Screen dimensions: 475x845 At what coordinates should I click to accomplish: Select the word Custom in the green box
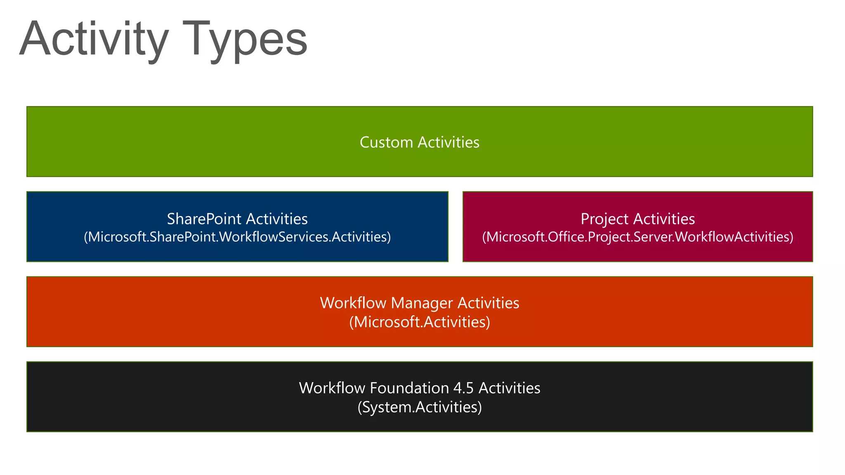[x=386, y=142]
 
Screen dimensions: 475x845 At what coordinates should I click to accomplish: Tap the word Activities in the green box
[x=448, y=142]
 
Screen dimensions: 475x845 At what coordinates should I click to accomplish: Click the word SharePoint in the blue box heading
[x=204, y=219]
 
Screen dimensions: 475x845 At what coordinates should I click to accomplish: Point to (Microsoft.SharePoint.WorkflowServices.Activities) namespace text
[x=237, y=237]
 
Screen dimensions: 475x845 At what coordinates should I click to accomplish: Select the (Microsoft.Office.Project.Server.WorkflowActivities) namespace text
[x=637, y=237]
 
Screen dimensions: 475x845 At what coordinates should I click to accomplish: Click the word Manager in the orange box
[x=422, y=303]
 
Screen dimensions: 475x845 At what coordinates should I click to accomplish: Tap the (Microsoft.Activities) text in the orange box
[x=420, y=322]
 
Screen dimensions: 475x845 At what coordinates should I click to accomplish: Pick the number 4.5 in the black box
[x=463, y=388]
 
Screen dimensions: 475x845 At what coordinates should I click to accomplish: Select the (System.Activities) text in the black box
[x=420, y=407]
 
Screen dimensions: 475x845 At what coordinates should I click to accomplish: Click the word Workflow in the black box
[x=332, y=388]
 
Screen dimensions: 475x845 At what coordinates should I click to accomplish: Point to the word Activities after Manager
[x=488, y=303]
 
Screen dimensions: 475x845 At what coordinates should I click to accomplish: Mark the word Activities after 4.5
[x=509, y=388]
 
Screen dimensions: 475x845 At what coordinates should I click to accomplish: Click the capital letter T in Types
[x=197, y=39]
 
